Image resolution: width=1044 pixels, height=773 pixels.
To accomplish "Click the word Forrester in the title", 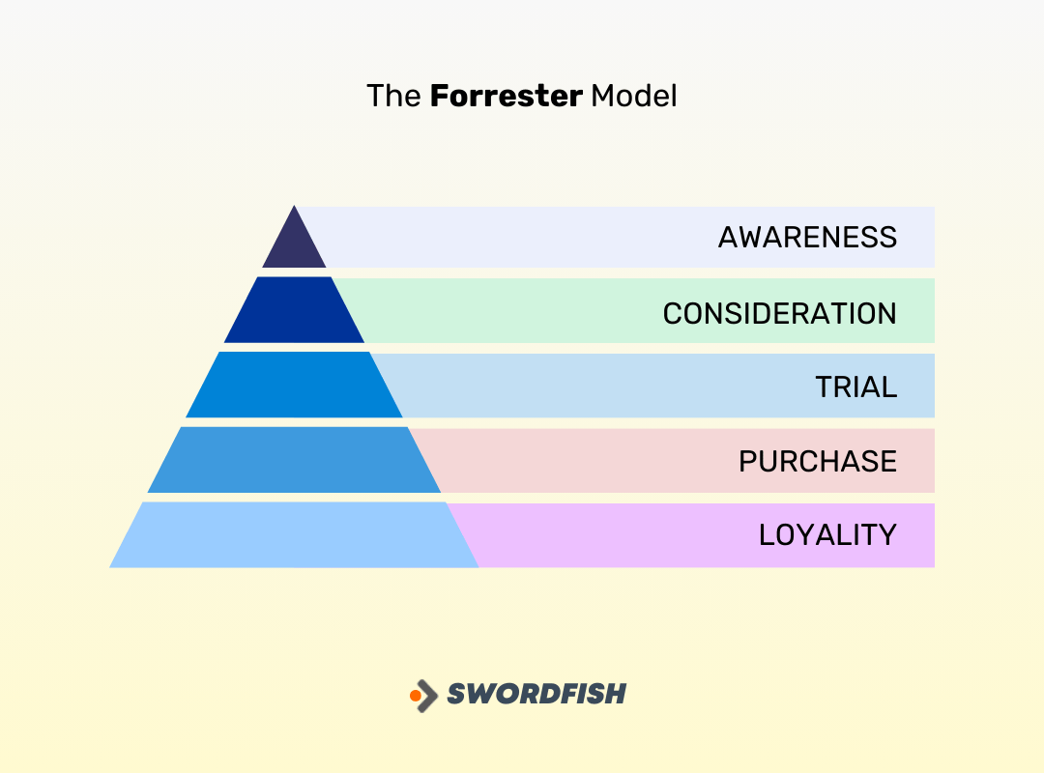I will tap(506, 97).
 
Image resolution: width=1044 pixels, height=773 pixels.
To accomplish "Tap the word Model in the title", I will tap(634, 97).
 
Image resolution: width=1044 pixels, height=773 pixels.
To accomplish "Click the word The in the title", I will tap(393, 97).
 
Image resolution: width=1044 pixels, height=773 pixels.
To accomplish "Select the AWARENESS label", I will tap(807, 237).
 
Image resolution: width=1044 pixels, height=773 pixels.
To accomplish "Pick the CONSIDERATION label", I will tap(779, 313).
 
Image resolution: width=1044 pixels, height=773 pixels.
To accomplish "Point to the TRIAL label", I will tap(856, 386).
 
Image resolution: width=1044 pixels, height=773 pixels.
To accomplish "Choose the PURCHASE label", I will tap(818, 461).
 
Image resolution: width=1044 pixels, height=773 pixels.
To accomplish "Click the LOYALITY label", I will tap(827, 534).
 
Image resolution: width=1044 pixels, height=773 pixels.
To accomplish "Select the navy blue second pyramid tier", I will tap(294, 311).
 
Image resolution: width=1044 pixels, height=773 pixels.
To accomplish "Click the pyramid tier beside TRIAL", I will tap(294, 385).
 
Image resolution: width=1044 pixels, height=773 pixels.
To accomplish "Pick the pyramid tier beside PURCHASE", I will tap(294, 460).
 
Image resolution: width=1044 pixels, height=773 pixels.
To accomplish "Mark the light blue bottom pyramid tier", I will tap(294, 534).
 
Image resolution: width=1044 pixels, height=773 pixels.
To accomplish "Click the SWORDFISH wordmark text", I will tap(536, 694).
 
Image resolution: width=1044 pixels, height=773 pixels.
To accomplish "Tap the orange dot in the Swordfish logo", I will tap(416, 695).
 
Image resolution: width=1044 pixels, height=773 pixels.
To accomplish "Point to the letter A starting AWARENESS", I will tap(729, 237).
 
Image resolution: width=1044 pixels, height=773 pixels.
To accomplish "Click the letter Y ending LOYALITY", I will tap(886, 534).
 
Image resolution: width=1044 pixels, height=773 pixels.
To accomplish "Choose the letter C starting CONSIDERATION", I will tap(674, 313).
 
